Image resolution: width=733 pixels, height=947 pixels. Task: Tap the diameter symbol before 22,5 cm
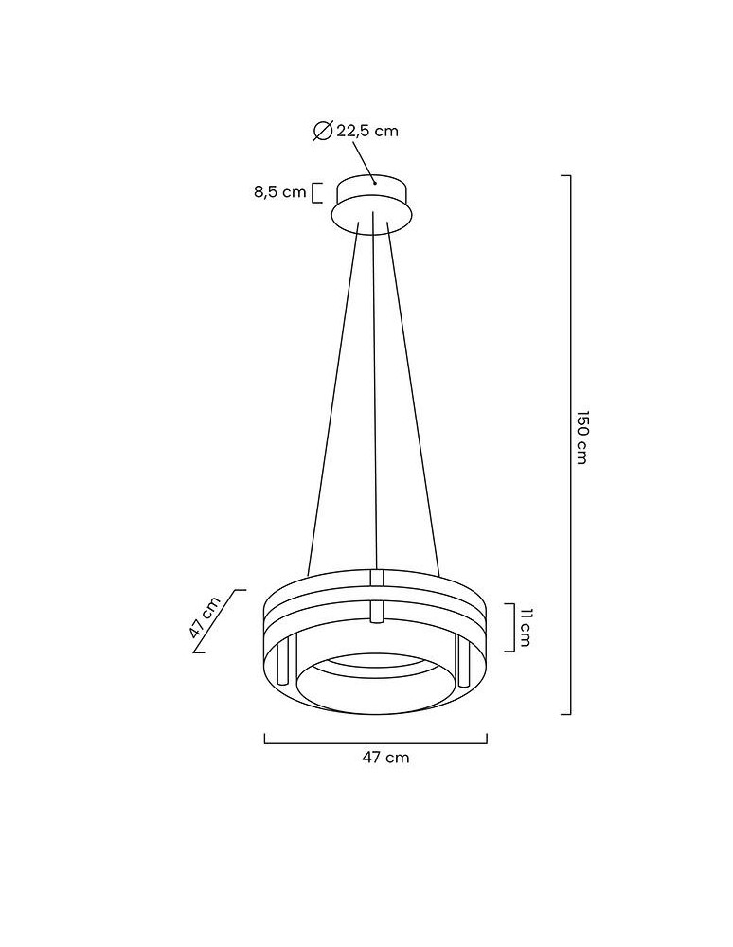coord(323,131)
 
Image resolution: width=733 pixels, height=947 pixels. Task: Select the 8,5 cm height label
coord(279,192)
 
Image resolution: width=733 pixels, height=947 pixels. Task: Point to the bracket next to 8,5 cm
coord(316,192)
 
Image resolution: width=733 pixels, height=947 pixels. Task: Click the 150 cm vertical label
coord(581,438)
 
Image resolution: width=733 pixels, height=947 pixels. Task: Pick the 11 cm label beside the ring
coord(524,628)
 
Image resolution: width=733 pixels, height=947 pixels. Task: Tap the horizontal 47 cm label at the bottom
coord(385,758)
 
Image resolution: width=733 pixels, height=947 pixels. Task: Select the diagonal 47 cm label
coord(205,616)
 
